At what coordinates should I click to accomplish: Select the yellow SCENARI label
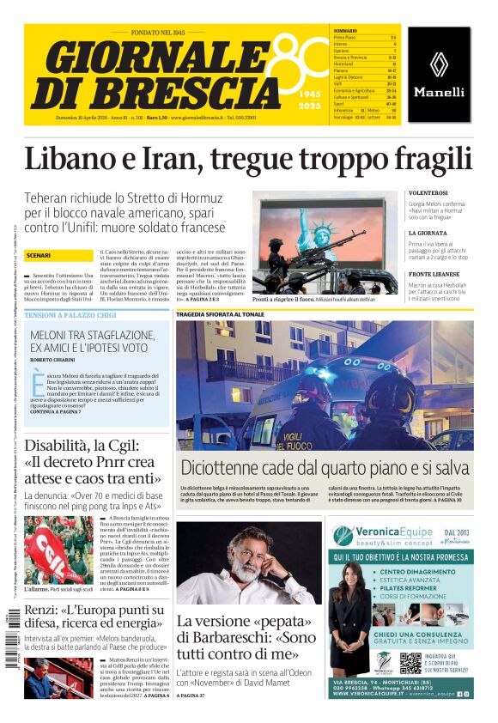[x=39, y=256]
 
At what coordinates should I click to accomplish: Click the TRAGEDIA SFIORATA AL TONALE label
[x=221, y=315]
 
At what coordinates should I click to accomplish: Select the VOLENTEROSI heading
[x=428, y=193]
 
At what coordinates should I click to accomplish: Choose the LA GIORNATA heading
[x=427, y=233]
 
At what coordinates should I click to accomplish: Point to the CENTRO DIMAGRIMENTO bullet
[x=414, y=572]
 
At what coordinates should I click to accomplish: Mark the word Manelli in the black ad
[x=439, y=92]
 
